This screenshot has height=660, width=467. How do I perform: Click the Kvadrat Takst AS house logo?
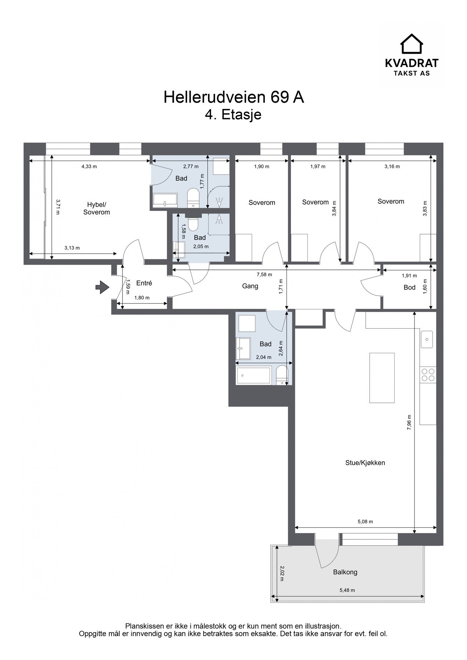tap(411, 44)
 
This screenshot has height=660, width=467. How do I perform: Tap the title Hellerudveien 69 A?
tap(234, 97)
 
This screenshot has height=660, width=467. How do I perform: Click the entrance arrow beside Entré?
tap(102, 287)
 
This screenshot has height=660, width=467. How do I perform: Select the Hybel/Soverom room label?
tap(96, 208)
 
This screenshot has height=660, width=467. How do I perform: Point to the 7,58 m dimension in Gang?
tap(264, 275)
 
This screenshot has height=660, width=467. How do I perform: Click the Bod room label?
tap(409, 287)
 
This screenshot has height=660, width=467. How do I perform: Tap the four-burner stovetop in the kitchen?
tap(428, 375)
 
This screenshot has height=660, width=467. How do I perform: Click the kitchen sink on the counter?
tap(427, 339)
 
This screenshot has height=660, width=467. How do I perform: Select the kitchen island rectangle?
tap(382, 378)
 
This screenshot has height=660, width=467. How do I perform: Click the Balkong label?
tap(345, 572)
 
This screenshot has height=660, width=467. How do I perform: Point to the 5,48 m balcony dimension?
tap(347, 590)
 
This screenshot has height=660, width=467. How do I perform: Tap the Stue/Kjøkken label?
tap(365, 463)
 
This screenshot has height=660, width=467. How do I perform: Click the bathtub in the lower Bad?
tap(254, 375)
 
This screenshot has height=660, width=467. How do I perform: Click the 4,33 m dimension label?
tap(89, 166)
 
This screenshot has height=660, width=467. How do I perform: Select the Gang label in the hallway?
tap(250, 286)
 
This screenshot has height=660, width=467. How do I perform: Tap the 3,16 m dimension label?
tap(392, 166)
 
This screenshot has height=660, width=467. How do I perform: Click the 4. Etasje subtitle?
tap(233, 115)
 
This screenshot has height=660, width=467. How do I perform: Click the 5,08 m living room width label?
tap(365, 521)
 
